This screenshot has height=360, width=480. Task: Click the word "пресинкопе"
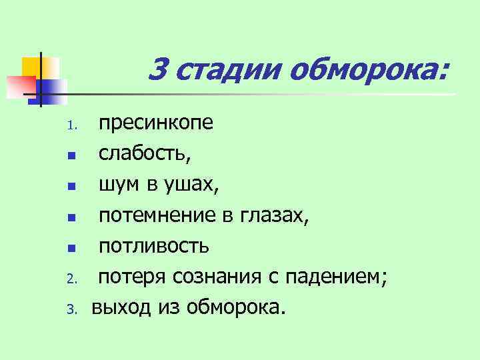[156, 124]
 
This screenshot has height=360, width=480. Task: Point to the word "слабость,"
[145, 155]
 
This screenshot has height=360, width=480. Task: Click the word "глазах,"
[273, 215]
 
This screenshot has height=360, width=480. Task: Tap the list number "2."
[74, 279]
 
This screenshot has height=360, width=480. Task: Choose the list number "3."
[74, 309]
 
